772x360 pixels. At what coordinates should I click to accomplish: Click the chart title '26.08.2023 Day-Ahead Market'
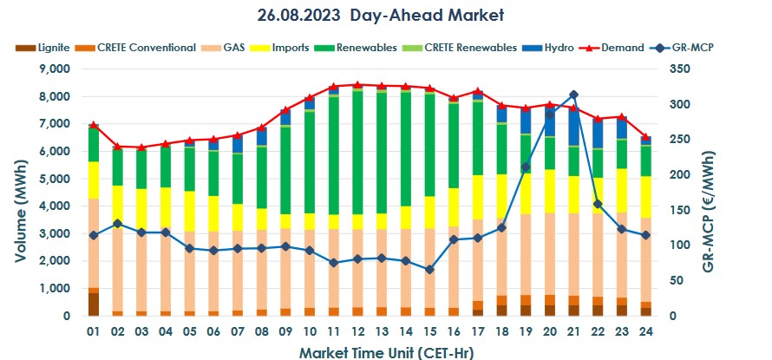pyautogui.click(x=380, y=15)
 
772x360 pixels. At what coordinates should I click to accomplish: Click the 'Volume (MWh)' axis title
pyautogui.click(x=18, y=193)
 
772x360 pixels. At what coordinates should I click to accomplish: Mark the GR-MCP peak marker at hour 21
pyautogui.click(x=573, y=95)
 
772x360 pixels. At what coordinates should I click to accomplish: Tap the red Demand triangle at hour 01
pyautogui.click(x=94, y=126)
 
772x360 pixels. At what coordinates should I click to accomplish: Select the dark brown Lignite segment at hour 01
pyautogui.click(x=94, y=304)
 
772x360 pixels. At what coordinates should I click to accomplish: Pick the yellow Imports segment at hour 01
pyautogui.click(x=94, y=180)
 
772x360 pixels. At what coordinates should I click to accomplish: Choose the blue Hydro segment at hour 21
pyautogui.click(x=573, y=128)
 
